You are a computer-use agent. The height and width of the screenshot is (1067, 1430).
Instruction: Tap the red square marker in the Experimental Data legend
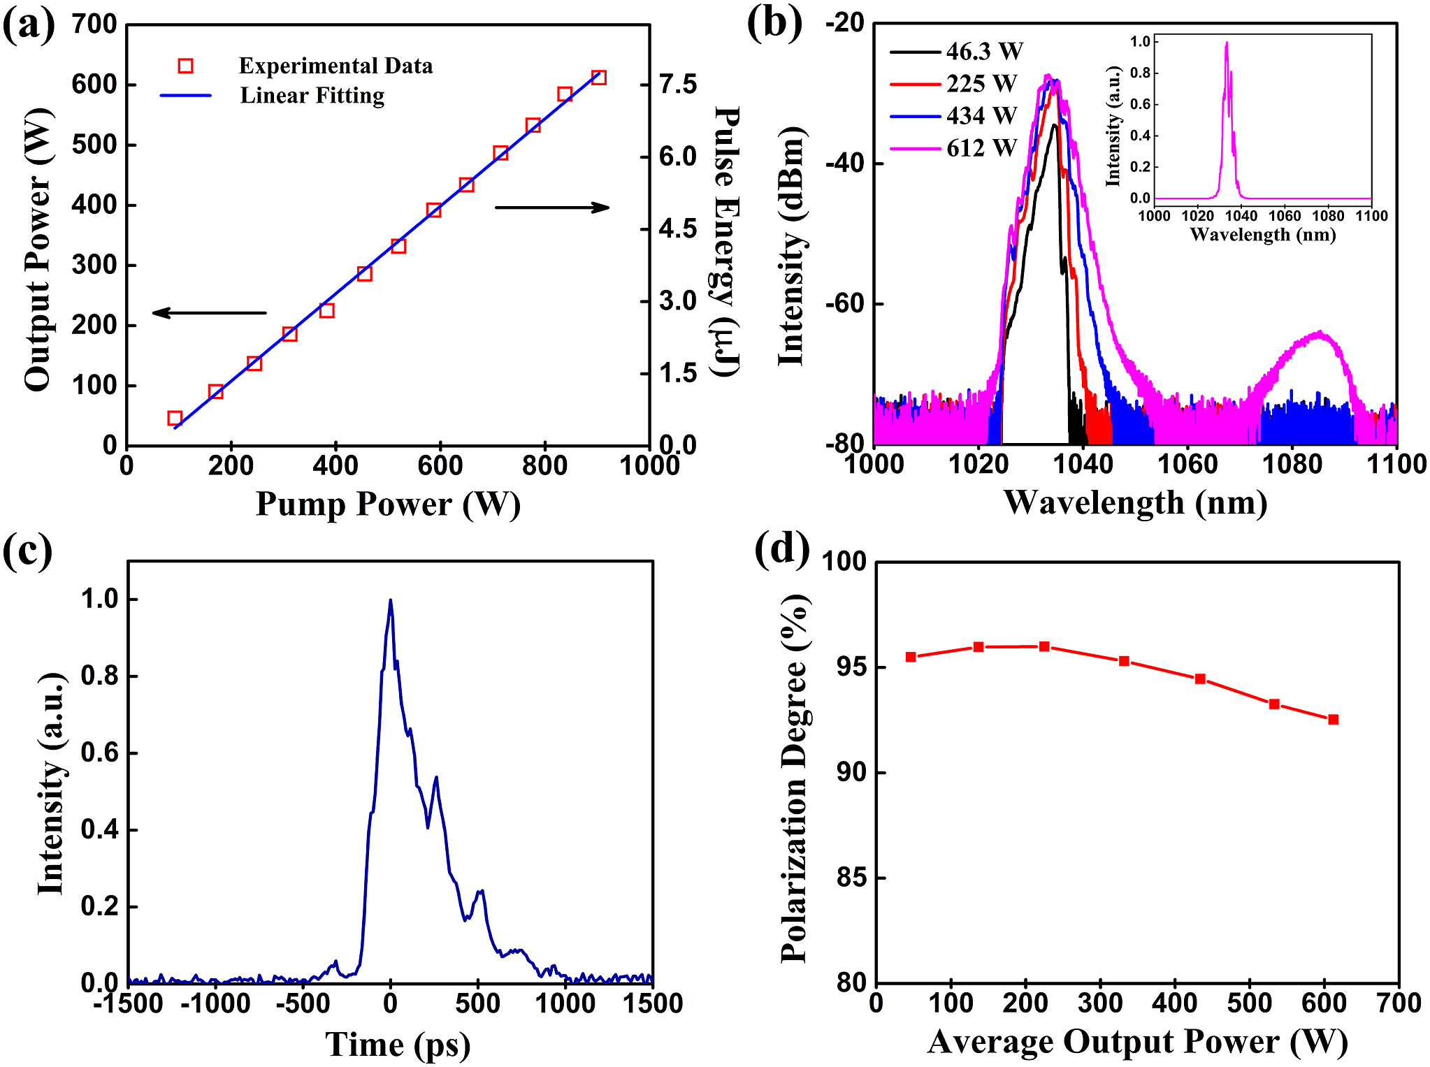click(x=185, y=66)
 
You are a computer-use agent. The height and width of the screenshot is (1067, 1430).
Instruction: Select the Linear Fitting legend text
click(x=312, y=95)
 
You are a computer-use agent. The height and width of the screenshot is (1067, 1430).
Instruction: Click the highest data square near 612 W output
click(x=598, y=78)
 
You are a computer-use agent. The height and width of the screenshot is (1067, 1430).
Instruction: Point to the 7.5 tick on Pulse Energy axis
click(x=677, y=85)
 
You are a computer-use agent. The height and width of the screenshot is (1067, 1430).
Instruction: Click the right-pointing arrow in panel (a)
click(x=552, y=207)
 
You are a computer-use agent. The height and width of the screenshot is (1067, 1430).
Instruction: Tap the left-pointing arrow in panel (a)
click(x=209, y=312)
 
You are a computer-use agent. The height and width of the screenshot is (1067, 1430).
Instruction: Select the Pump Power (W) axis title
click(x=388, y=504)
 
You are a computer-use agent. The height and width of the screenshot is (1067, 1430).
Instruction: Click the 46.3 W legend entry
click(x=984, y=51)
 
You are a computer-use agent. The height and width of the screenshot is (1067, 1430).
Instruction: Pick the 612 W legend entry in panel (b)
click(x=981, y=148)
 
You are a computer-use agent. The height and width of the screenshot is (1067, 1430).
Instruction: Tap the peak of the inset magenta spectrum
click(x=1227, y=43)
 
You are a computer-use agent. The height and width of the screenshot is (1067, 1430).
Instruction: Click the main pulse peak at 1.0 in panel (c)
click(x=390, y=600)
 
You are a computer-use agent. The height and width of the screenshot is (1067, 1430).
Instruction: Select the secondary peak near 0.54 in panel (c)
click(x=436, y=778)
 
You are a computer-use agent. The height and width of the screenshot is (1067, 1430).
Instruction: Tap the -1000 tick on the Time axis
click(x=215, y=1003)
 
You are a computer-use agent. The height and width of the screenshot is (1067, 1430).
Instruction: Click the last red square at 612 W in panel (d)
click(x=1333, y=719)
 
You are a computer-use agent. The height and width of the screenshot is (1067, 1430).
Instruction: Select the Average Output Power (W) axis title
click(x=1137, y=1041)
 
